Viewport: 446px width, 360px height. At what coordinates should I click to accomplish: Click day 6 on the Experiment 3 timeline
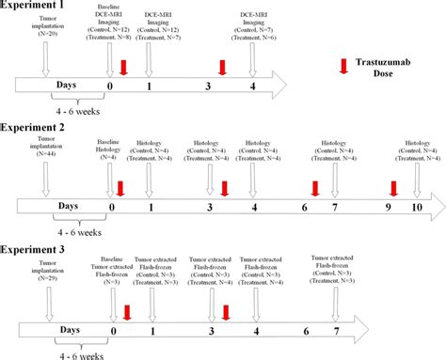click(x=306, y=331)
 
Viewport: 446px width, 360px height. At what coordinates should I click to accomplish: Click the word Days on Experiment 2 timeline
click(x=67, y=205)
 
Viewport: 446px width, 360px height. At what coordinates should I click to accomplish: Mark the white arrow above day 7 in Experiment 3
click(x=336, y=305)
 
